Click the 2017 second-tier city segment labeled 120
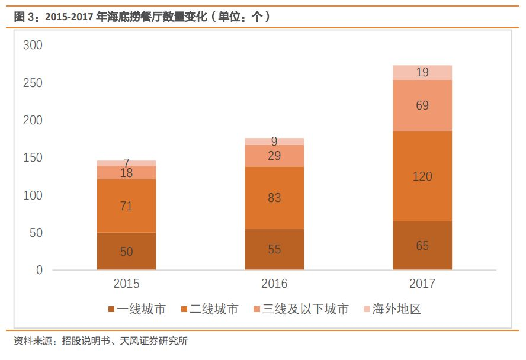422,176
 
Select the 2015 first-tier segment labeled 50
126,251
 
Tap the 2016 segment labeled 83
274,198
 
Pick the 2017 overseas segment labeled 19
422,72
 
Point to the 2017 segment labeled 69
422,105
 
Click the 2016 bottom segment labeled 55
274,249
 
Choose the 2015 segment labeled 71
126,205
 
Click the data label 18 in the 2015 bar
126,173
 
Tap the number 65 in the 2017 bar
422,245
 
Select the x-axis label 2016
274,284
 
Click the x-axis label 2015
126,284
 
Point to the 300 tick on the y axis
33,46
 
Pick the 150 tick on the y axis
33,158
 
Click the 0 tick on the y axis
40,270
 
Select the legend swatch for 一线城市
111,310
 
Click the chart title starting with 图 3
142,17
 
